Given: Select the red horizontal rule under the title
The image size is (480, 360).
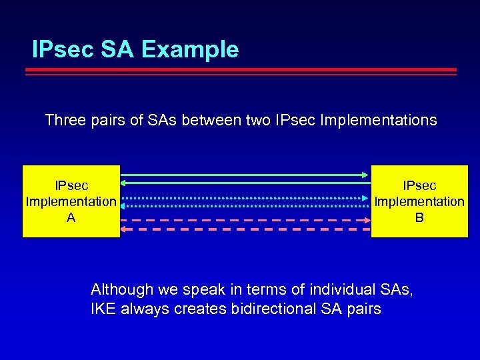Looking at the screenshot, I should (244, 70).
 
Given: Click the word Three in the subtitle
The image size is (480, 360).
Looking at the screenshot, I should (65, 121).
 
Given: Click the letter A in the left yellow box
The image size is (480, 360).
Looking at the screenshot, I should (71, 217).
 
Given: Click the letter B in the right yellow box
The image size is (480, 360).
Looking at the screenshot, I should (419, 217).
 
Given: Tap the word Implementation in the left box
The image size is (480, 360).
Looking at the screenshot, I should (71, 201).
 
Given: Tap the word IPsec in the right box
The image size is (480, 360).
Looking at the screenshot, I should (419, 185).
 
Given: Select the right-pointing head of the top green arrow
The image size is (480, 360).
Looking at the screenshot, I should (366, 175).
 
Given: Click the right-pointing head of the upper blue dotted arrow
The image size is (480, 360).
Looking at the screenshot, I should (366, 198).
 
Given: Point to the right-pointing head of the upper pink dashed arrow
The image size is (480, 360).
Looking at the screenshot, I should (366, 219).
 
